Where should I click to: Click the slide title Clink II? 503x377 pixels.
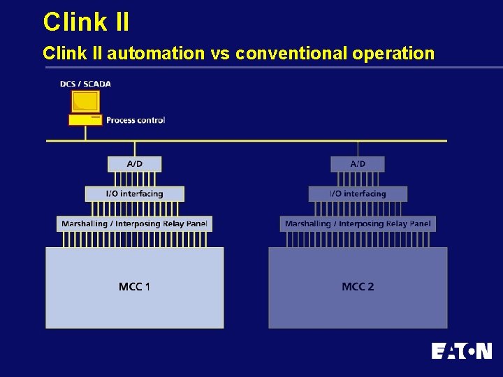86,22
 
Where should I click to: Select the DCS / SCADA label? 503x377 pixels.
85,84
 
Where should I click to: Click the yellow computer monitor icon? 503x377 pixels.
85,102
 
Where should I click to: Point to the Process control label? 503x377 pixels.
136,120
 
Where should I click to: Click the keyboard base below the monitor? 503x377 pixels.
85,120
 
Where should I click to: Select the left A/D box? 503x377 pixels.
134,164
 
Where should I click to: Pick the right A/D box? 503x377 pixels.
358,164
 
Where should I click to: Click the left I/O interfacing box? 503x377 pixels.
134,193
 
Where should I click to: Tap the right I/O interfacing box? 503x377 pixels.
358,193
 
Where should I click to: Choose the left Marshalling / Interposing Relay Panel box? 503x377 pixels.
134,224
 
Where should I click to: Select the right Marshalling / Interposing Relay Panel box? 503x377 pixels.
358,224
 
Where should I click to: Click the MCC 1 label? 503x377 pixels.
134,287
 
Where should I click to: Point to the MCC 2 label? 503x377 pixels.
358,287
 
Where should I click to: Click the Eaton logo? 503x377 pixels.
461,350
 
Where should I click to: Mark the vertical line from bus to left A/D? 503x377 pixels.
135,149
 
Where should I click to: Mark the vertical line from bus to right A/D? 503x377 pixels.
358,149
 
